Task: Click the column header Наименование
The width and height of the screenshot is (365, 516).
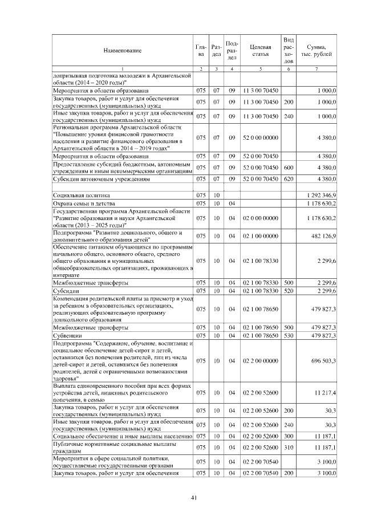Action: [x=122, y=51]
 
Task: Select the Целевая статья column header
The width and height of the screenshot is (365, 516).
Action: [x=260, y=51]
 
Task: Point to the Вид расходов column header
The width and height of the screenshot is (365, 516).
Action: [x=289, y=50]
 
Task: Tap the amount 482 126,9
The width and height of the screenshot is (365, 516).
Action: [x=323, y=234]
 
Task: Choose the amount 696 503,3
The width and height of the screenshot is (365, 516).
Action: [x=323, y=361]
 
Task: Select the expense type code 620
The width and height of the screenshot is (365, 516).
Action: [x=289, y=178]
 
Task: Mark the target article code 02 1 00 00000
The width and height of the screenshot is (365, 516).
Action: [x=260, y=234]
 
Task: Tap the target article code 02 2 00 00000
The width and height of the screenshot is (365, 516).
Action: [x=260, y=361]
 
